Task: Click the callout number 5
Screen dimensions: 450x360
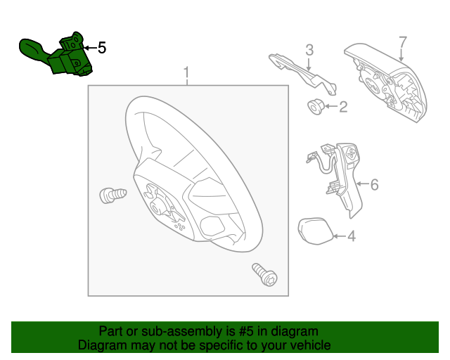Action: coord(102,48)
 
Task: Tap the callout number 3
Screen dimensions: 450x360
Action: coord(309,50)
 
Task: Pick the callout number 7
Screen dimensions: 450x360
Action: coord(403,42)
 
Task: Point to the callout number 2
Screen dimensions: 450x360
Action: coord(343,106)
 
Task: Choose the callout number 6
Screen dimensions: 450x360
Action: coord(374,184)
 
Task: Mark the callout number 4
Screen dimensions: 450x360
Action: coord(352,236)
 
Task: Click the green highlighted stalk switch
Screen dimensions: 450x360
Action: coord(56,55)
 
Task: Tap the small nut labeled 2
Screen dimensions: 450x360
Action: coord(316,107)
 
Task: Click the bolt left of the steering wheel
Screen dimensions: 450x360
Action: coord(112,195)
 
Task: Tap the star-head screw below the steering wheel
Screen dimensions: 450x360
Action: coord(264,274)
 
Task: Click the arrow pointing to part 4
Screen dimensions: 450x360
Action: coord(340,236)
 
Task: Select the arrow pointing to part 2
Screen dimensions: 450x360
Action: coord(331,106)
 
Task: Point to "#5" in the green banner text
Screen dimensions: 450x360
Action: coord(247,331)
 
